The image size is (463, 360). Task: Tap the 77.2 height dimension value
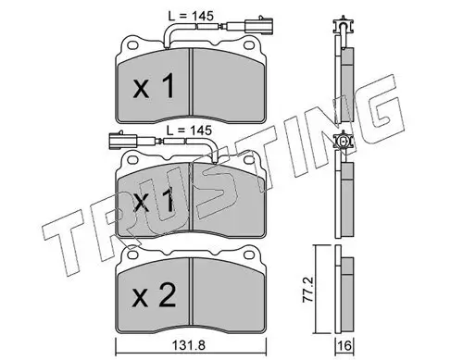(309, 289)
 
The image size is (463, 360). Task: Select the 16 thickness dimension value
(345, 346)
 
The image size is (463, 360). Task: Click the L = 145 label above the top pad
(191, 16)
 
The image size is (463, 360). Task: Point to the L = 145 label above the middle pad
(189, 130)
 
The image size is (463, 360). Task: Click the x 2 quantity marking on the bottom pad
(154, 296)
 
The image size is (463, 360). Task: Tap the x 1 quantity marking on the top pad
(154, 87)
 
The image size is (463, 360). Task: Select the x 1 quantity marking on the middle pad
(154, 201)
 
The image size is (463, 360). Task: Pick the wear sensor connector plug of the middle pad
(123, 140)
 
